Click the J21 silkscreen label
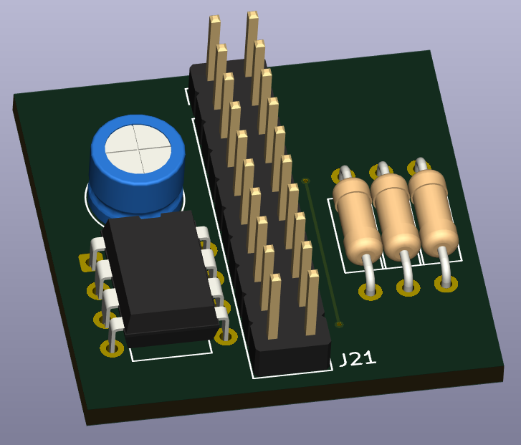[358, 359]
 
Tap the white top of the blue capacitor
[138, 149]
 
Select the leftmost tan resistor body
[358, 220]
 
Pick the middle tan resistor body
[396, 216]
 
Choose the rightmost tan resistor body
[434, 213]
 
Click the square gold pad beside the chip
[87, 262]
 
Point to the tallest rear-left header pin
[214, 48]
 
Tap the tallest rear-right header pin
[252, 44]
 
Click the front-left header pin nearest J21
[274, 307]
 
